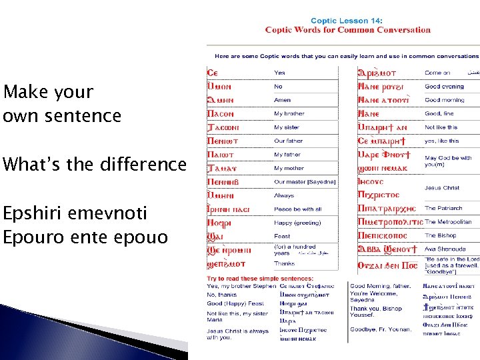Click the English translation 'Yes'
coord(279,73)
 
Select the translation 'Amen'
coord(282,100)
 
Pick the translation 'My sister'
coord(287,127)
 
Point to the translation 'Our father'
coord(288,141)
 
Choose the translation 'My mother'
coord(288,169)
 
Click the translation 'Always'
coord(283,195)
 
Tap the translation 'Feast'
coord(282,236)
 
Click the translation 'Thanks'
coord(283,263)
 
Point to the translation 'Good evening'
coord(444,87)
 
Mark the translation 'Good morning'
coord(445,100)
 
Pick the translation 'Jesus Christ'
coord(442,188)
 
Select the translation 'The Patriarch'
coord(443,208)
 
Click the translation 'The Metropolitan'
coord(448,222)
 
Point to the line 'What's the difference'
coord(94,164)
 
